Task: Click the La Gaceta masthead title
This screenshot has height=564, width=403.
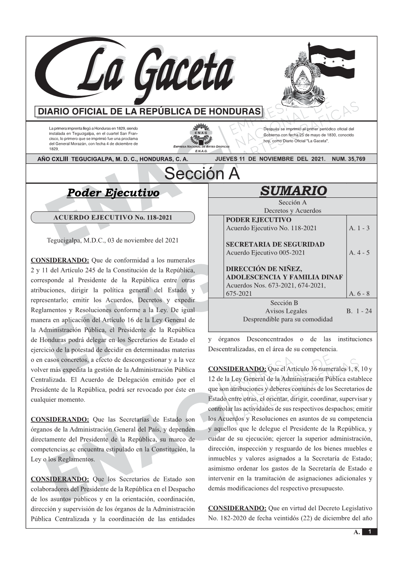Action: tap(141, 72)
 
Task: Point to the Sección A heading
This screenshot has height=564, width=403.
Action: tap(202, 174)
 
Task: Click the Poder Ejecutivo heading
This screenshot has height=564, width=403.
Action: tap(113, 193)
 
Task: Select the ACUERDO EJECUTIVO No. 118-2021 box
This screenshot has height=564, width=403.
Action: tap(113, 217)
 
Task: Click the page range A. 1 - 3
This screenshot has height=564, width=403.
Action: tap(359, 228)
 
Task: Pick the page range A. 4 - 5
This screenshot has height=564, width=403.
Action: tap(359, 253)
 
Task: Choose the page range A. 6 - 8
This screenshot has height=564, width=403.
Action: tap(359, 293)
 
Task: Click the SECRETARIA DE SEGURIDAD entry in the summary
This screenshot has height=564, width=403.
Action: tap(275, 245)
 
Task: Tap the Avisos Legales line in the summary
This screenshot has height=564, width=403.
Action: tap(286, 311)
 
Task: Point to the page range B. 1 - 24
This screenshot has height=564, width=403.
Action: tap(359, 311)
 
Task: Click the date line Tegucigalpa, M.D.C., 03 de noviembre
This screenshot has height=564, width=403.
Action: tap(113, 240)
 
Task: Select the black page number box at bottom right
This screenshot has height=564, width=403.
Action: tap(370, 532)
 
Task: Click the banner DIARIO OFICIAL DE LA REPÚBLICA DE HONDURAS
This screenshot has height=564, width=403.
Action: tap(149, 112)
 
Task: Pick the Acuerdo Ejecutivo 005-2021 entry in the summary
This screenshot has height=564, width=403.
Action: tap(265, 253)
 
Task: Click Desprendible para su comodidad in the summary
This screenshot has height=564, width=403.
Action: tap(287, 319)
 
